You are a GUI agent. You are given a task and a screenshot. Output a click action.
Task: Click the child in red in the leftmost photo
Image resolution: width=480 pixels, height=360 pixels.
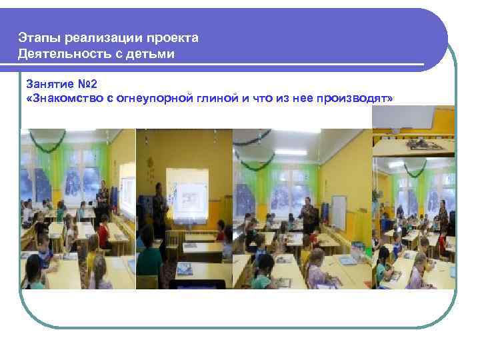103,233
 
